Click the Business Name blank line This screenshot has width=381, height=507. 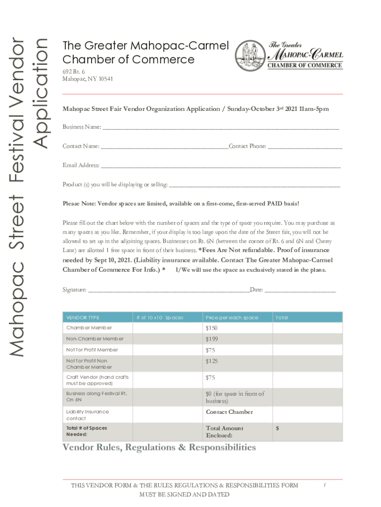tap(220, 128)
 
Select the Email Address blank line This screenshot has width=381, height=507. tap(220, 166)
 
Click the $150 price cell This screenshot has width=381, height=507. tap(237, 328)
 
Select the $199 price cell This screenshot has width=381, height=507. tap(237, 339)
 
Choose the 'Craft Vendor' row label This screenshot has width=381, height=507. tap(97, 380)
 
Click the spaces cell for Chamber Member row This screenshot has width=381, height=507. tap(166, 328)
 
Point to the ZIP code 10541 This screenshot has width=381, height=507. tap(92, 79)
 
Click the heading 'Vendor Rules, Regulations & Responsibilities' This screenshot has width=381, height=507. tap(159, 448)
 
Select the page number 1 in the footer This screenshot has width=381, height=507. tap(324, 486)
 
